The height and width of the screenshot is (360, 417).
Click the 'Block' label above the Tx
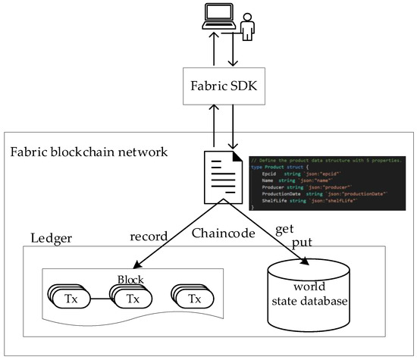pos(130,280)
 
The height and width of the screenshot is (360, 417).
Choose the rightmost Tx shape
pos(196,298)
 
